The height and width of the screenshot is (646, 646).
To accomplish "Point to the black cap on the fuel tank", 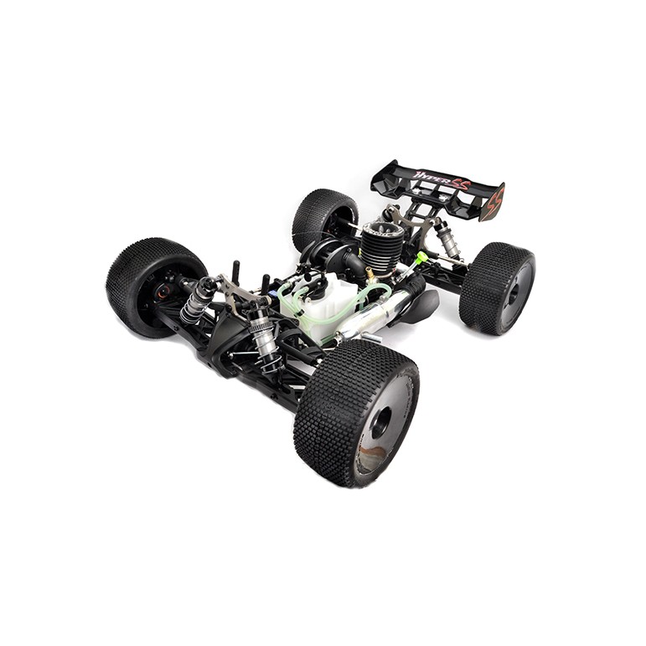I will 313,287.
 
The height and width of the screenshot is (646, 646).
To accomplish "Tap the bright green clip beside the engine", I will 422,256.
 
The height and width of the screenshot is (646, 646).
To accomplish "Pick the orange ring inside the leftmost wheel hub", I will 162,291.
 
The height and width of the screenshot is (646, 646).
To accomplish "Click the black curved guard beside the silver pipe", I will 421,307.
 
